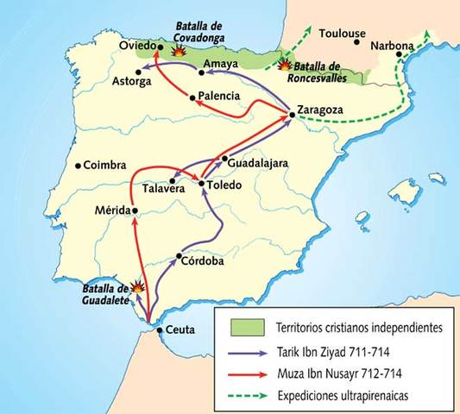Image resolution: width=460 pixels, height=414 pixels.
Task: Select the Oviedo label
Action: tap(134, 45)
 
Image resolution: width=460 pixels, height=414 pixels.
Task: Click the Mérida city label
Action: tap(110, 211)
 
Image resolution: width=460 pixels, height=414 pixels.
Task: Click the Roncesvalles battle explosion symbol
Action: tap(283, 64)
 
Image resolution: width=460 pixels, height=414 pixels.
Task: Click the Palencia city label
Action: tap(218, 96)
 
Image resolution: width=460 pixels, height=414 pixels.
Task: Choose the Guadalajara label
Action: tap(260, 160)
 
